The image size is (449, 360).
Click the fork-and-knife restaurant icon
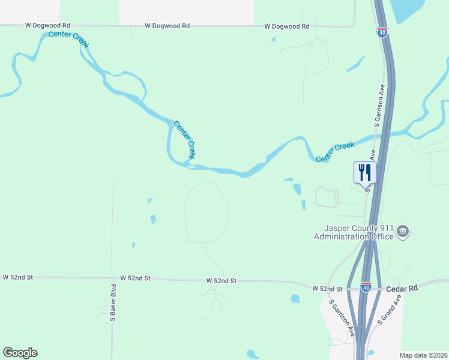click(x=365, y=173)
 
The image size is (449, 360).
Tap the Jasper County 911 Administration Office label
click(x=354, y=232)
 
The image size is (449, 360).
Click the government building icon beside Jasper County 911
click(x=403, y=232)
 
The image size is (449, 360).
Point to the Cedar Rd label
click(x=402, y=288)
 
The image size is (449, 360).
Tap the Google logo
click(x=20, y=353)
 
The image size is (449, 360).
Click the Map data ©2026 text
click(x=423, y=355)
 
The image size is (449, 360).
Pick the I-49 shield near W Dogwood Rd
click(x=382, y=32)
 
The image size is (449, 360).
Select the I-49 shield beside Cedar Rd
click(x=366, y=288)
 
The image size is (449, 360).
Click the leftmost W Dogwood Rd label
click(x=48, y=26)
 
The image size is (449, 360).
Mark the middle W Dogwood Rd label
click(x=167, y=26)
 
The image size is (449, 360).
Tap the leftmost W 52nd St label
click(x=17, y=277)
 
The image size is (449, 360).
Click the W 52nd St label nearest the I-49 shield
click(x=327, y=289)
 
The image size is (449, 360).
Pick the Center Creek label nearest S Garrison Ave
click(x=336, y=152)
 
